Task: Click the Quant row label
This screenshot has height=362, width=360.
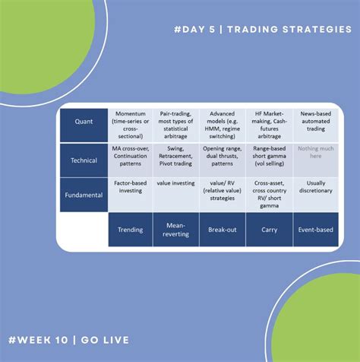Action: [x=84, y=122]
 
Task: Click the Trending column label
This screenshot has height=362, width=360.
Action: [x=131, y=229]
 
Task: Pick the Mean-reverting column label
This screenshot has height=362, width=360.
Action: [x=175, y=229]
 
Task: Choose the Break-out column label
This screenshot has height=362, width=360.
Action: [x=222, y=229]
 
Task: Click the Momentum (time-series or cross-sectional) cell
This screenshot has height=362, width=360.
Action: [x=131, y=122]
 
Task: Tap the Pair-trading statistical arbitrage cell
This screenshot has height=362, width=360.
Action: [x=175, y=122]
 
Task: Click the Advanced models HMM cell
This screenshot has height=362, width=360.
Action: [x=222, y=122]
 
